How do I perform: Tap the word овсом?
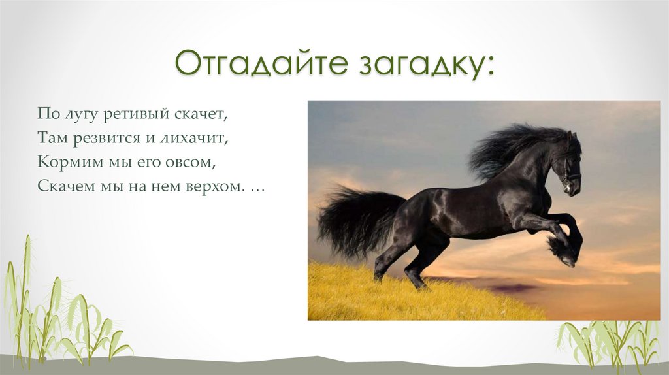tap(187, 162)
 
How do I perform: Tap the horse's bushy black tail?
tap(353, 222)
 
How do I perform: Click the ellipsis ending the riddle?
tap(257, 188)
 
